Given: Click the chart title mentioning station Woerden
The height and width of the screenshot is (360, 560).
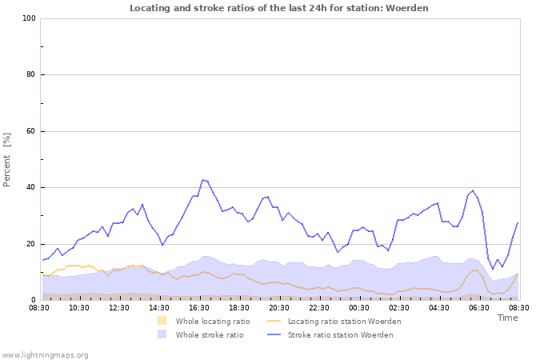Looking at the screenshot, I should point(279,8).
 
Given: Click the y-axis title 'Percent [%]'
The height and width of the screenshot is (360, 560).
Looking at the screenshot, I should point(7,159).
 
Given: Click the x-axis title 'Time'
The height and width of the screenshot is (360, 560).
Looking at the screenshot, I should point(507,318).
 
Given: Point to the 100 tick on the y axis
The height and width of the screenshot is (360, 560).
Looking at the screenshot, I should point(29,18).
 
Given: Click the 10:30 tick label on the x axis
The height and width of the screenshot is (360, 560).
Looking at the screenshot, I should point(79,307).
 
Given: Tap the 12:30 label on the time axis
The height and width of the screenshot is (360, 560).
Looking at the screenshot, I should point(119,307).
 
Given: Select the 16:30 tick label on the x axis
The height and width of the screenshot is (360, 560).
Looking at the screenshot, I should point(199,307).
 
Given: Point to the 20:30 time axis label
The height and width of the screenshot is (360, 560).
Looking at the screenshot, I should point(279,307).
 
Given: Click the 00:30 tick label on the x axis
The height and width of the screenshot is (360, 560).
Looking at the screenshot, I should point(359,307).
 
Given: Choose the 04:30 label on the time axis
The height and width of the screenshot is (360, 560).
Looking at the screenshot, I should point(439,307).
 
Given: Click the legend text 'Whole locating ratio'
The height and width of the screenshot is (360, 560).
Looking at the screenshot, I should point(213,322).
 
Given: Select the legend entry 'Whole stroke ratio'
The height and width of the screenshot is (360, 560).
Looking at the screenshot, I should point(210,335).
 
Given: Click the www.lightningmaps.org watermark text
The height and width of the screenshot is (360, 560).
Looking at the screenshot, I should point(45,354).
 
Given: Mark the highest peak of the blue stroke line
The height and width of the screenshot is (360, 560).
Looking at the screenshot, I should point(204,180).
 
